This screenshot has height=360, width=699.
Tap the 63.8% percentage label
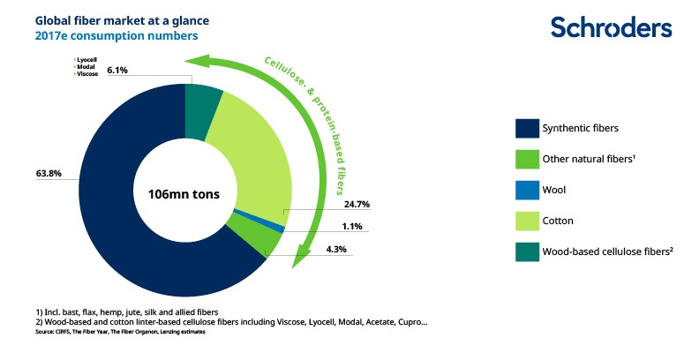coord(49,173)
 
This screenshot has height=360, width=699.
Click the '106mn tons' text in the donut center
coord(184,194)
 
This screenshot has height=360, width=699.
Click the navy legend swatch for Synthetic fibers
coord(528,128)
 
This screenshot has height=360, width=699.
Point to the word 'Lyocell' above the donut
coord(87,59)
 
